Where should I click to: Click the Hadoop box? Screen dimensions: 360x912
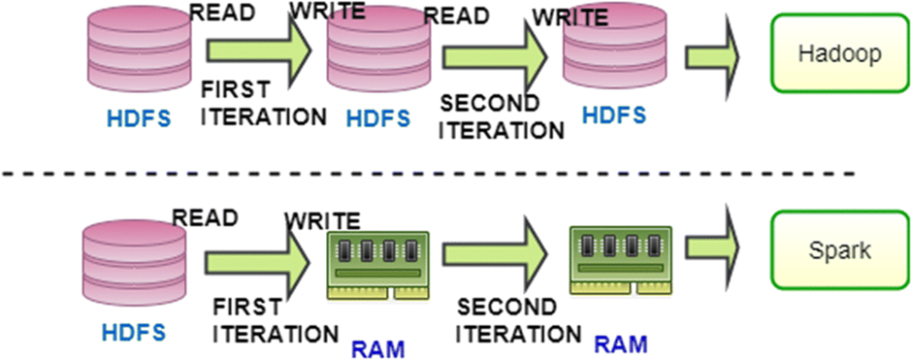pos(839,54)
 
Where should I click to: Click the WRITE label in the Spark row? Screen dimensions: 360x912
pos(322,221)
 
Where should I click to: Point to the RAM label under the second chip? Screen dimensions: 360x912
pos(619,343)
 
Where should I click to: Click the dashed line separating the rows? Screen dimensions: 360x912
pos(427,174)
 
